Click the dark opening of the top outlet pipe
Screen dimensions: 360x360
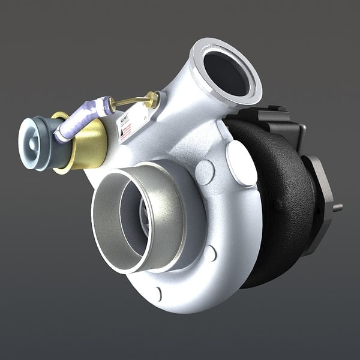(x=226, y=72)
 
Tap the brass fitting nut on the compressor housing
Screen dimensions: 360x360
(x=154, y=100)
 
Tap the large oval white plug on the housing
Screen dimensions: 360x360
(x=241, y=163)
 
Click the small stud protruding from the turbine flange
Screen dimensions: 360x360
(x=338, y=208)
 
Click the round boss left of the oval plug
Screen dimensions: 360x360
(x=205, y=172)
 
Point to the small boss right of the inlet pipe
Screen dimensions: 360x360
(x=209, y=253)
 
